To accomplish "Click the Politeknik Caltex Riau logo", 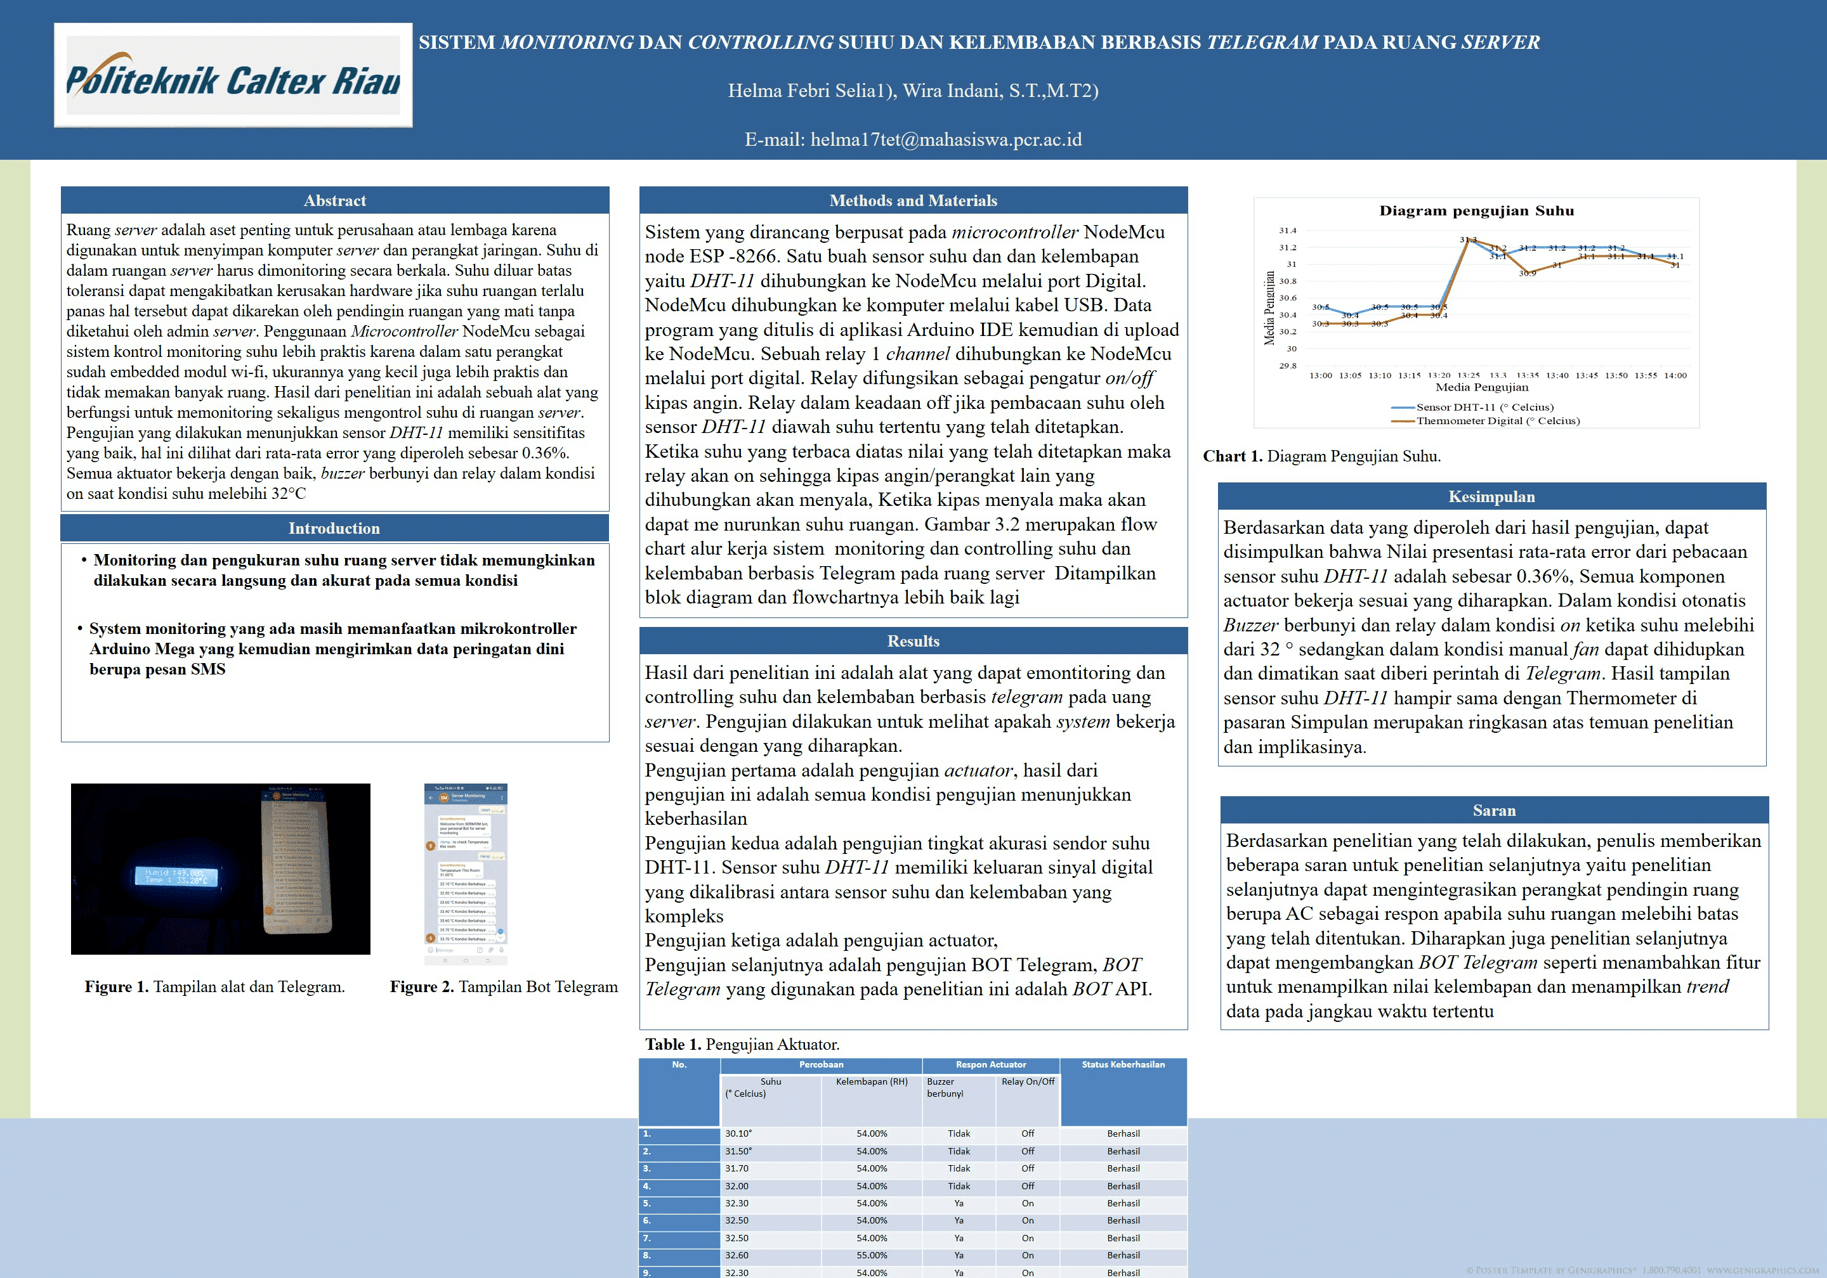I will (233, 76).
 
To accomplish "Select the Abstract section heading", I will (334, 200).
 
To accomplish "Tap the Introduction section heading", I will (334, 528).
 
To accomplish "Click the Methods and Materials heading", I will (913, 200).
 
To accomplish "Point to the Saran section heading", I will (1493, 810).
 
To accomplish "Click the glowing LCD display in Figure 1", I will (176, 876).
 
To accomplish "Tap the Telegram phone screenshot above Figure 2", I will (466, 873).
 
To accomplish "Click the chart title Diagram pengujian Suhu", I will (1476, 210).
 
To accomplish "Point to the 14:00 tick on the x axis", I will (1675, 375).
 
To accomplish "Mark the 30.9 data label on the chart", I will (1527, 274).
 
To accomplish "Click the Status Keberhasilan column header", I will (1123, 1065).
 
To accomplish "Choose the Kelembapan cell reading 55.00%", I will (872, 1256).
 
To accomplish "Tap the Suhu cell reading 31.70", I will (737, 1168).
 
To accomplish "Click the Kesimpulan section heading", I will (1491, 497).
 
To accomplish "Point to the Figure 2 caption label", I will (422, 987).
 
